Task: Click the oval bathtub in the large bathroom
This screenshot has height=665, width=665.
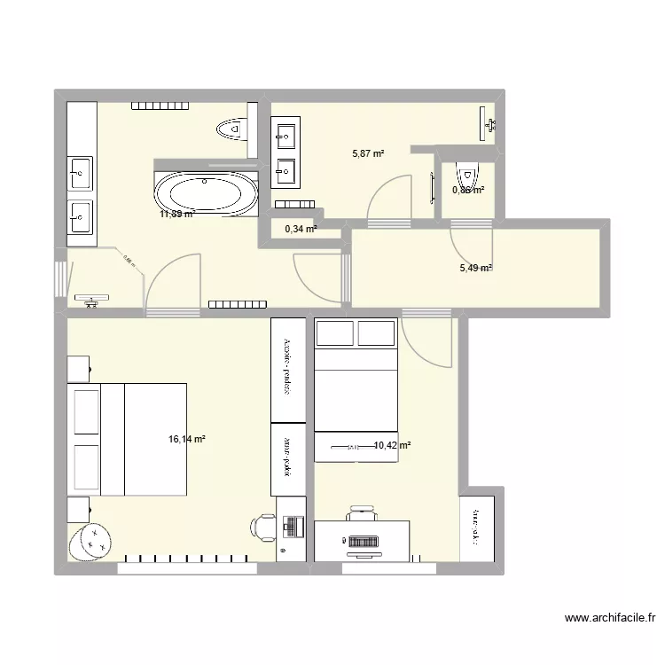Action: [205, 192]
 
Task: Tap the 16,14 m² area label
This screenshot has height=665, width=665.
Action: [186, 439]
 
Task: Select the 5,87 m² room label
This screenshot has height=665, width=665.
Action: [368, 153]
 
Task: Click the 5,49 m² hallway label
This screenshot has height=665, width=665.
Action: [473, 269]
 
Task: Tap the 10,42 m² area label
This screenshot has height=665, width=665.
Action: [391, 446]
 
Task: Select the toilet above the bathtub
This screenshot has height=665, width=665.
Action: [231, 129]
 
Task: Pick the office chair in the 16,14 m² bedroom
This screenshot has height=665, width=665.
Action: [264, 526]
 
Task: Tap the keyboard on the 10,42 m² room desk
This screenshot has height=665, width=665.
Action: [362, 540]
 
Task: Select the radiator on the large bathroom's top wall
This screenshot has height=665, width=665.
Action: [160, 107]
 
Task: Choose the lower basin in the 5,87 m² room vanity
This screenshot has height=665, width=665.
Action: [286, 168]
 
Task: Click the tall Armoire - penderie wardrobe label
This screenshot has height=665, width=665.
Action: [287, 364]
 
